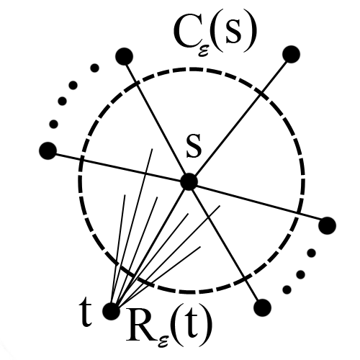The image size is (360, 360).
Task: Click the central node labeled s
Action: tap(189, 181)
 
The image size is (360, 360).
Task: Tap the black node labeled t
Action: tap(111, 311)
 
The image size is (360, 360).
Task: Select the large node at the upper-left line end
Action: tap(124, 56)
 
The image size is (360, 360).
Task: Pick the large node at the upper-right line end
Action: tap(292, 54)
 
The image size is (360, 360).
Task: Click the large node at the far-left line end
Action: tap(48, 150)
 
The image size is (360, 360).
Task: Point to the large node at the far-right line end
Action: tap(328, 225)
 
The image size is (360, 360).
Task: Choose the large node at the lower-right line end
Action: tap(262, 307)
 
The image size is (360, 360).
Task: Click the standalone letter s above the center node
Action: tap(194, 148)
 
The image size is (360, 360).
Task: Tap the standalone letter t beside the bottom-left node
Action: tap(86, 313)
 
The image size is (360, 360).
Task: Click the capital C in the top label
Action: tap(185, 34)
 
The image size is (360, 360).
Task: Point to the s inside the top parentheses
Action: tap(233, 35)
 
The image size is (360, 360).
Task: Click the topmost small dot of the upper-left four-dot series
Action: tap(94, 68)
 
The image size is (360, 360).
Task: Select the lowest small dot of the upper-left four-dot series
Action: tap(53, 124)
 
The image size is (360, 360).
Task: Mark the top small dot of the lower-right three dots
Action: tap(311, 253)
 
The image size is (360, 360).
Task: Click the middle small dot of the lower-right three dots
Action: tap(300, 274)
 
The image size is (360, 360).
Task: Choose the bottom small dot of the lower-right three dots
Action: tap(287, 289)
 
